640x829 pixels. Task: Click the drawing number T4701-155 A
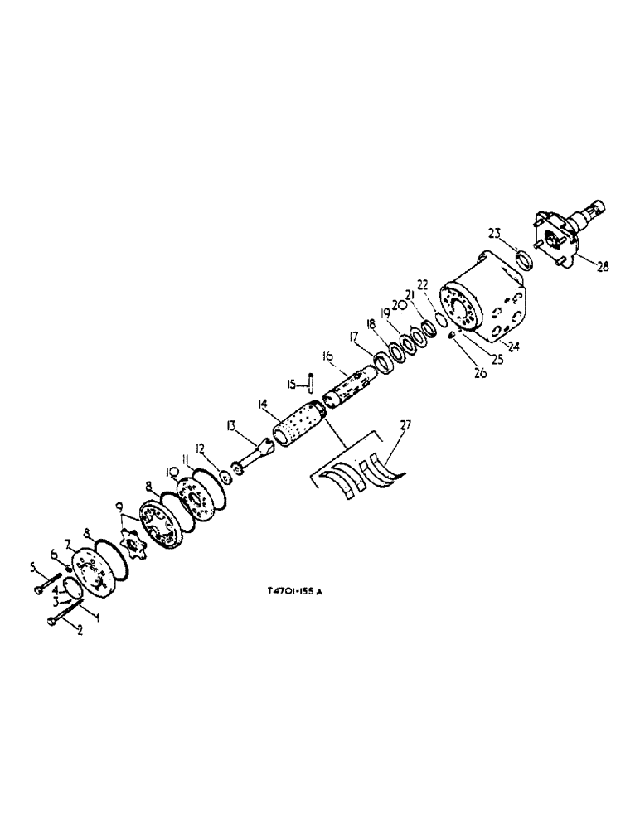(x=293, y=592)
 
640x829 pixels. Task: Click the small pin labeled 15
(x=308, y=382)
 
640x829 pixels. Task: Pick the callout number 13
(x=232, y=425)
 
